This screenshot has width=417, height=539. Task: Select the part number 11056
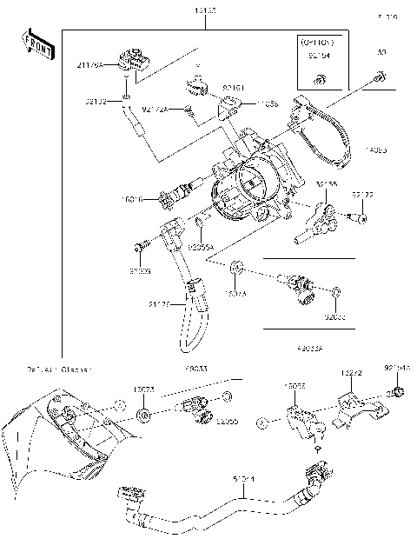268,104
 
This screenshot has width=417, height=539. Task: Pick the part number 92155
327,183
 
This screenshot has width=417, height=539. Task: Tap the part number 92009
140,272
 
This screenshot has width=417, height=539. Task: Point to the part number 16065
295,385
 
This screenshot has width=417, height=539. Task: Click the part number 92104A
396,368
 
